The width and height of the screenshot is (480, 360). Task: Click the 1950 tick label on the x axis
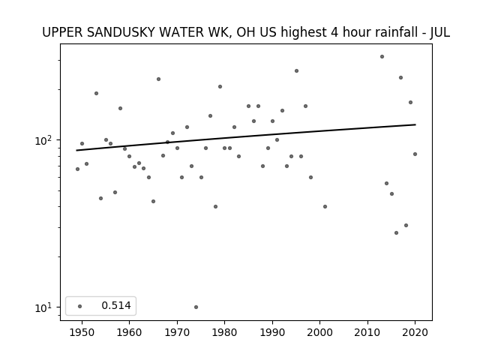coord(82,332)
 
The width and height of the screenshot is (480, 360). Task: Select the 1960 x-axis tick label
coord(129,332)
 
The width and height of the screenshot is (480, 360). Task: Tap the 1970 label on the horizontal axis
coord(177,332)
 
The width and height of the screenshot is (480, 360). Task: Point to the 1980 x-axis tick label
coord(224,332)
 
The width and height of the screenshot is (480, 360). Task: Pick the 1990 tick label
coord(272,332)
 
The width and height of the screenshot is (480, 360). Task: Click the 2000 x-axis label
coord(319,332)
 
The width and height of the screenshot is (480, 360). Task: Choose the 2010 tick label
coord(367,332)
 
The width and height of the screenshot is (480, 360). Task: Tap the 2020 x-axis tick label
coord(415,332)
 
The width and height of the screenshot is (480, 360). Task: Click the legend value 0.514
coord(116,305)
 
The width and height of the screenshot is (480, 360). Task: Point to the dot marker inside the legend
coord(80,306)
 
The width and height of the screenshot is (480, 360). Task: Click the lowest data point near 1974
coord(196,307)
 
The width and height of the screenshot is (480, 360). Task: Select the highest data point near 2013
coord(382,57)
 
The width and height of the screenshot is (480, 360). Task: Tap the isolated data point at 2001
coord(325,207)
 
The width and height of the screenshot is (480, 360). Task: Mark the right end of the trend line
coord(415,124)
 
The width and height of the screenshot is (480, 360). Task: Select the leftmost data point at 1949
coord(77,169)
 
